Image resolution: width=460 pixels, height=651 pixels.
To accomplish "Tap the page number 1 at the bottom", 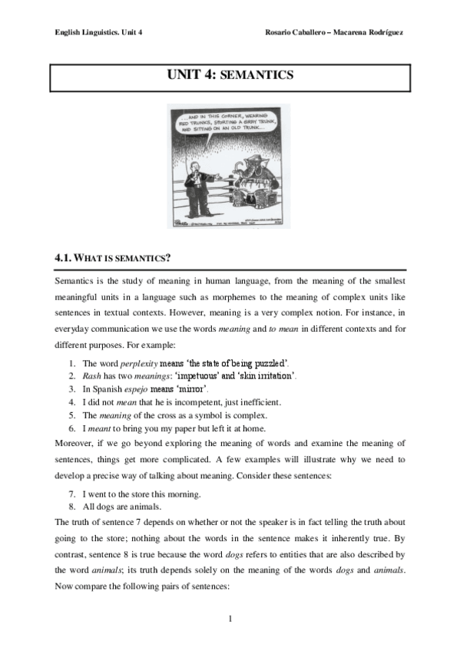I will tap(230, 618).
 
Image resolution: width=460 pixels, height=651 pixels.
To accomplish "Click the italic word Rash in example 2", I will tap(91, 375).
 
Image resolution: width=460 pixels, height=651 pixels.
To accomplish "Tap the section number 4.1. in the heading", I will tap(64, 259).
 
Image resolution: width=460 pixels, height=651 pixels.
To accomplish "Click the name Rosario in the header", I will tap(280, 32).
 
